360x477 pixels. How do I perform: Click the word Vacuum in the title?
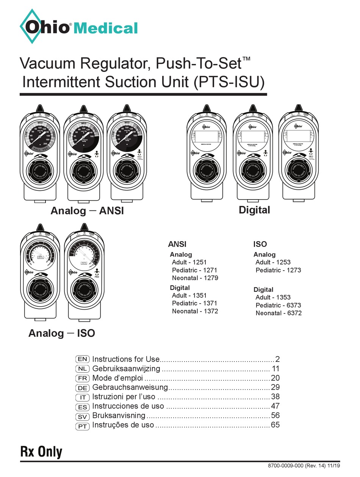coord(45,63)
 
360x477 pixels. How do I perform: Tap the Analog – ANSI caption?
coord(87,211)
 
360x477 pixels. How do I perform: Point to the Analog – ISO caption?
coord(61,333)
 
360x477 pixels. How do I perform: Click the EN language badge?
coord(83,359)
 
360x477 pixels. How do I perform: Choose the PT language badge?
coord(83,426)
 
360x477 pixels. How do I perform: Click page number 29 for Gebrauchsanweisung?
coord(275,387)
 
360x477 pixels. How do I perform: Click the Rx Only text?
coord(41,452)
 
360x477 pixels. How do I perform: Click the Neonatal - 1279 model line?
coord(195,278)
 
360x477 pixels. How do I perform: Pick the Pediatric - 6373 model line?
coord(278,305)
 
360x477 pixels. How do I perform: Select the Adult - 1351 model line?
coord(189,295)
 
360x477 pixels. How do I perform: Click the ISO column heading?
coord(260,244)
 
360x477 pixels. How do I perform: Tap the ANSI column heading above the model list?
coord(177,244)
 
